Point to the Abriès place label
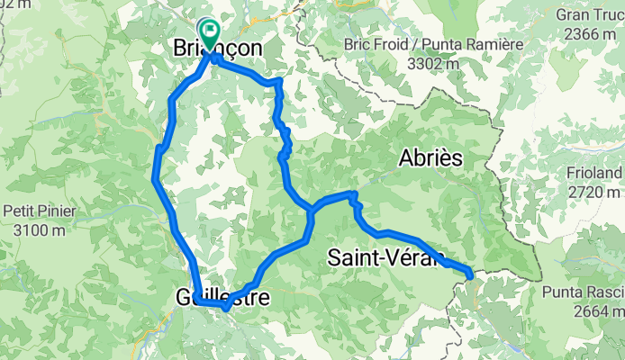tap(430, 158)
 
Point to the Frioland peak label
tap(596, 173)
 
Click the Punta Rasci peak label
tap(585, 293)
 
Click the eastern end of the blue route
tap(470, 272)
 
